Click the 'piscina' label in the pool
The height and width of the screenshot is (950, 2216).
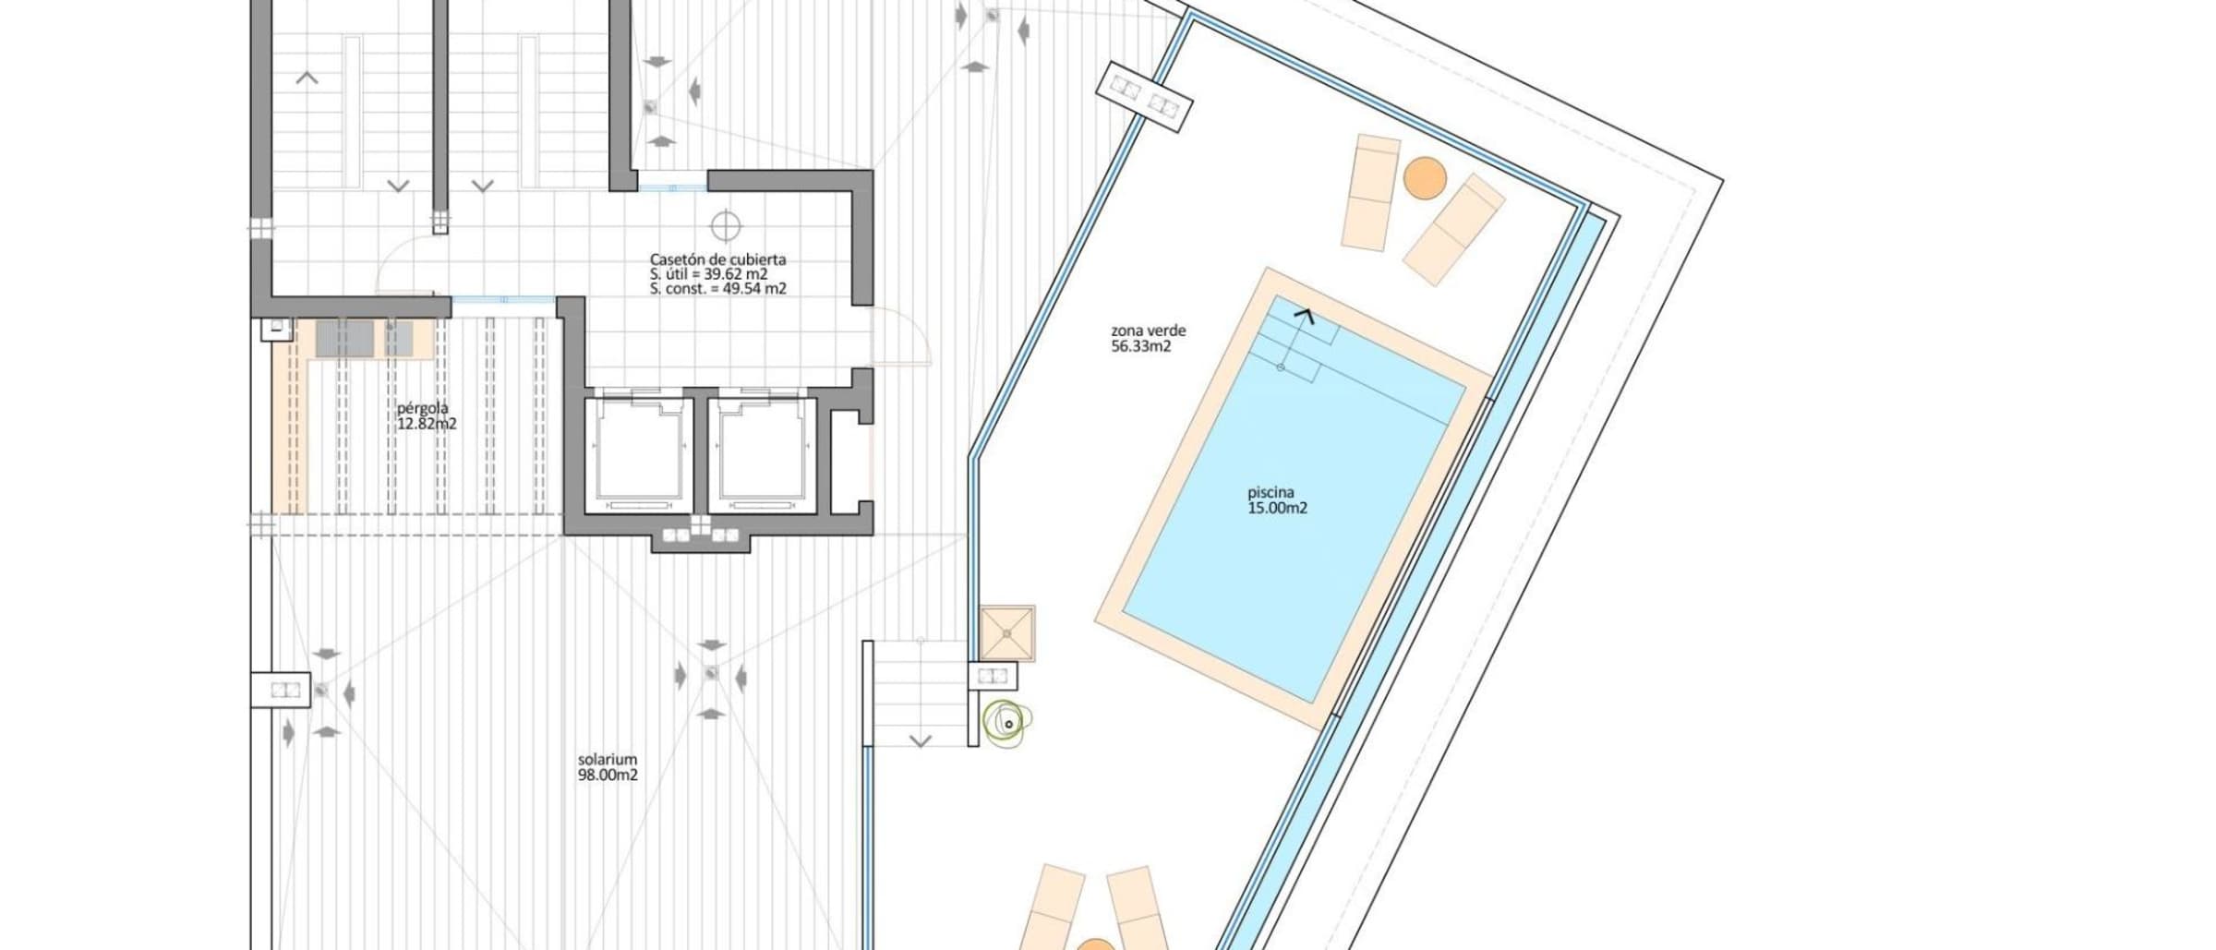(x=1271, y=493)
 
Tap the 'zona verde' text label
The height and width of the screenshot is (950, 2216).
(x=1148, y=331)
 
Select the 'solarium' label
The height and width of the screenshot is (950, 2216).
(x=608, y=760)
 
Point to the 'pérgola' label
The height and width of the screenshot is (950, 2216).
(x=423, y=408)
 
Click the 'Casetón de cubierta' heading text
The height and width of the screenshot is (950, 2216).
(x=717, y=259)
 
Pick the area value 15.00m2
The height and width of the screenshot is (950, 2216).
(x=1277, y=508)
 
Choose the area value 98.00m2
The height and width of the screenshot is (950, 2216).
(x=608, y=776)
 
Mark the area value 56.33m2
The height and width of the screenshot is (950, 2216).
(x=1141, y=346)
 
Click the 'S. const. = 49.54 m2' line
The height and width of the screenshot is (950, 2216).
(x=717, y=289)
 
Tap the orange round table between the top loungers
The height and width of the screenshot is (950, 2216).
(x=1425, y=178)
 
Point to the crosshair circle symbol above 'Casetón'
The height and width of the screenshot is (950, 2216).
(x=726, y=225)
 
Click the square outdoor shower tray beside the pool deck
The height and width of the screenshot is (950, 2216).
(x=1007, y=633)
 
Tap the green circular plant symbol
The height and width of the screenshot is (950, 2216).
(x=1006, y=724)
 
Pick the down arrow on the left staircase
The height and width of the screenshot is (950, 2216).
(x=398, y=186)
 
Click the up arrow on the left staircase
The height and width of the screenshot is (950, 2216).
(x=307, y=78)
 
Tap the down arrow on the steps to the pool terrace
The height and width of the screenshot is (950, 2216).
(x=921, y=740)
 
